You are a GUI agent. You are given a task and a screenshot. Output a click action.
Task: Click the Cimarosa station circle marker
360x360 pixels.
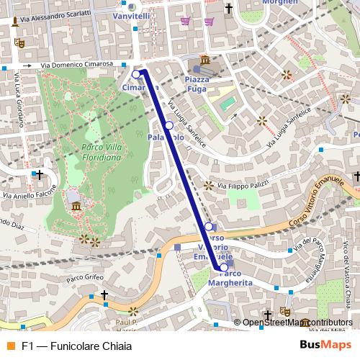tap(136, 74)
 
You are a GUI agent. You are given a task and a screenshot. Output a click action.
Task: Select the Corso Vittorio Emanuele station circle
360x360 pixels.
tap(209, 227)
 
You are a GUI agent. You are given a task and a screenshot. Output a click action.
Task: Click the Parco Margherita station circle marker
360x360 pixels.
tap(223, 267)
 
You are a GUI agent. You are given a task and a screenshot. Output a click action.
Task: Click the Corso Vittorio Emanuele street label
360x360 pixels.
tap(312, 205)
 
